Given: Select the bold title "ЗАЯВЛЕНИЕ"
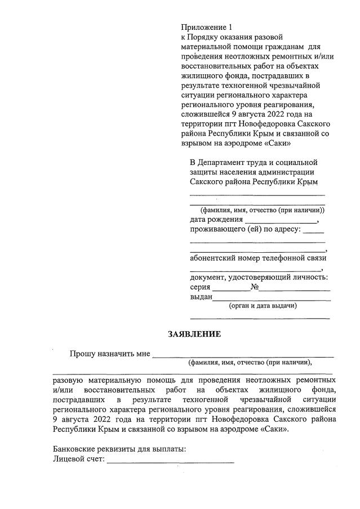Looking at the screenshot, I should click(x=194, y=334).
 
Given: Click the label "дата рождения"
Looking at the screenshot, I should click(x=216, y=220).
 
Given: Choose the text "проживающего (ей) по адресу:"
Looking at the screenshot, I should click(x=246, y=230).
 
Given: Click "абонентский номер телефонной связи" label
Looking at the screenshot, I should click(x=258, y=258).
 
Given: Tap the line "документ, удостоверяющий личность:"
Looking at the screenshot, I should click(x=259, y=277).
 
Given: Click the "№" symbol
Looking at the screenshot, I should click(x=255, y=287).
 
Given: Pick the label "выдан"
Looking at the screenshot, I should click(x=201, y=297).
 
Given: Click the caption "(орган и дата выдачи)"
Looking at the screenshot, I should click(x=263, y=306).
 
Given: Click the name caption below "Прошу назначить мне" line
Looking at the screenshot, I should click(x=250, y=363).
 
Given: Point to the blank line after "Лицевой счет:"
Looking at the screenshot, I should click(x=170, y=462).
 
